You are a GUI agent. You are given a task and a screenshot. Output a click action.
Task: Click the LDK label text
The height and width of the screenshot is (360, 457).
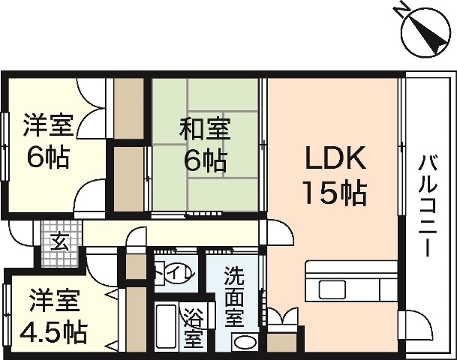(x=334, y=159)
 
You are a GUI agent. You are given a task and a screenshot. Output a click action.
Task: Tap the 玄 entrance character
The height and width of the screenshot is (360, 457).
(x=58, y=241)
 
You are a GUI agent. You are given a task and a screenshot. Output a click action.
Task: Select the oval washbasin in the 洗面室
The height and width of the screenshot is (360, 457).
(x=244, y=342)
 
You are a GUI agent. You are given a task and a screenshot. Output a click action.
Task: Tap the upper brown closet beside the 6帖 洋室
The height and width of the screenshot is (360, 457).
(x=128, y=106)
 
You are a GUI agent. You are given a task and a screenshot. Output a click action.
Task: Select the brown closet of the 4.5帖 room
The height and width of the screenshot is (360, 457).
(x=136, y=315)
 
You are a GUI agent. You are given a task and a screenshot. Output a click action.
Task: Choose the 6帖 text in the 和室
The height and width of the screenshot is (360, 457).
(x=203, y=160)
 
